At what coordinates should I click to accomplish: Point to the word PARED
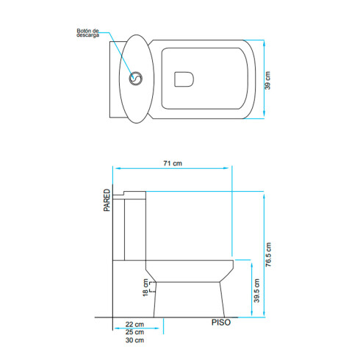[107, 199]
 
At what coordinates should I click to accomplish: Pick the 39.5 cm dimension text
[256, 291]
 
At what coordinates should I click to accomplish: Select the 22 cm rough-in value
[134, 324]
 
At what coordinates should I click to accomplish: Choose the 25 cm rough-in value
[134, 332]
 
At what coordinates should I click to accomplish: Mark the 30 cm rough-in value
[134, 340]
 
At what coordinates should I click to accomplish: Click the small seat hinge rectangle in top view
[182, 78]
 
